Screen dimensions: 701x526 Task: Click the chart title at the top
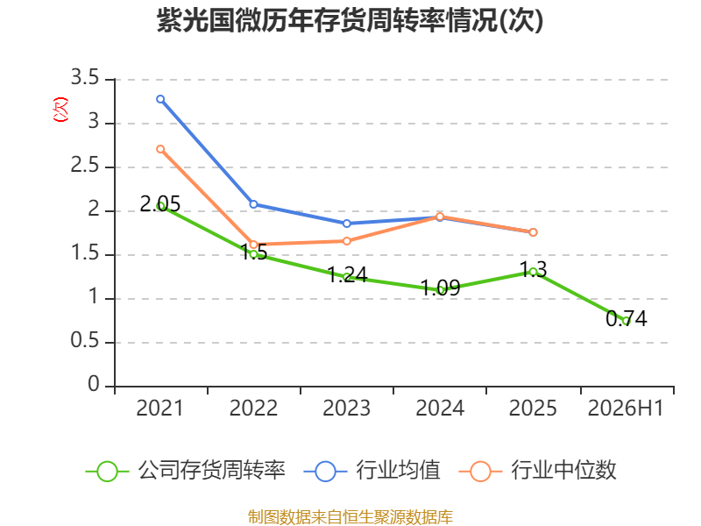pyautogui.click(x=350, y=20)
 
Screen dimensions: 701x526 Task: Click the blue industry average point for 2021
pyautogui.click(x=160, y=99)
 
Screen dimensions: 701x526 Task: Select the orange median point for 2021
pyautogui.click(x=160, y=149)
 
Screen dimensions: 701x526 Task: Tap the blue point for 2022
pyautogui.click(x=253, y=204)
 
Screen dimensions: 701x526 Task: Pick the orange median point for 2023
pyautogui.click(x=347, y=241)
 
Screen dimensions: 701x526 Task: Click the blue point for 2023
pyautogui.click(x=347, y=224)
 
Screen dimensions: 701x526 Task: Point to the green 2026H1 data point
pyautogui.click(x=627, y=321)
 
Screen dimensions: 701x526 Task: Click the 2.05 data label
pyautogui.click(x=160, y=204)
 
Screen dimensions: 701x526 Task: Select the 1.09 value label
pyautogui.click(x=441, y=288)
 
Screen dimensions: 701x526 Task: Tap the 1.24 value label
pyautogui.click(x=347, y=274)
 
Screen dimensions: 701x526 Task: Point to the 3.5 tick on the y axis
pyautogui.click(x=84, y=78)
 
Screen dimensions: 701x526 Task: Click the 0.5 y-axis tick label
pyautogui.click(x=84, y=341)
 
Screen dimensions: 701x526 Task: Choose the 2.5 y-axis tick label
pyautogui.click(x=84, y=166)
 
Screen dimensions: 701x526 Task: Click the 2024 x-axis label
pyautogui.click(x=440, y=409)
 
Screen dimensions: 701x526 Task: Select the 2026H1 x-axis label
pyautogui.click(x=626, y=409)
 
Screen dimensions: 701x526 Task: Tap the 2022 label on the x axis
pyautogui.click(x=253, y=409)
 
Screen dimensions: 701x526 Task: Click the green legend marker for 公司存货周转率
pyautogui.click(x=107, y=472)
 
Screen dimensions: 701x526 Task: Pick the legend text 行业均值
pyautogui.click(x=399, y=470)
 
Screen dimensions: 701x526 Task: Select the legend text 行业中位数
pyautogui.click(x=563, y=470)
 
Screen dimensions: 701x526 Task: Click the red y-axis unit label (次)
pyautogui.click(x=60, y=109)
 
